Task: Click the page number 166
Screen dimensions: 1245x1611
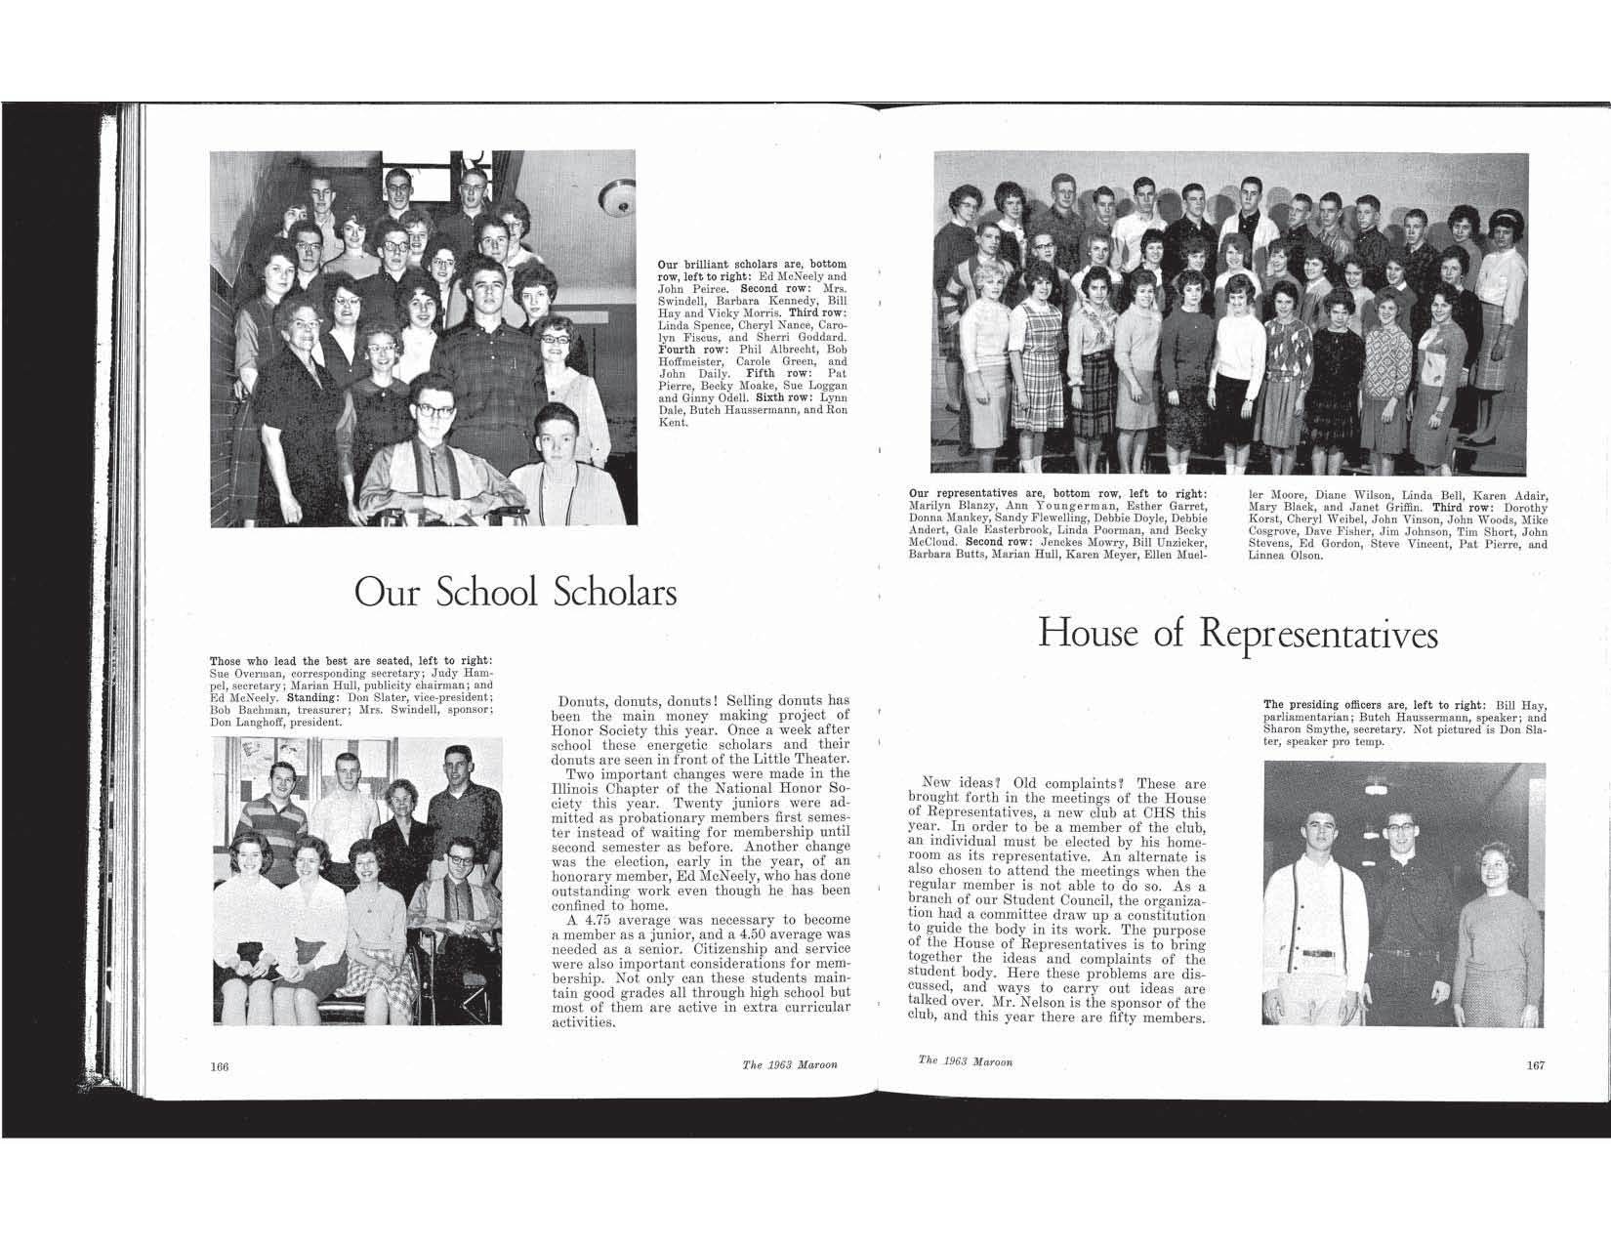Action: [x=219, y=1066]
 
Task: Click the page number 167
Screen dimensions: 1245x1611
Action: [x=1536, y=1065]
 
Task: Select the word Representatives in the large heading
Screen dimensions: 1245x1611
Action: [x=1318, y=635]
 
